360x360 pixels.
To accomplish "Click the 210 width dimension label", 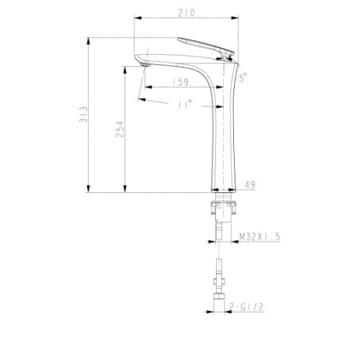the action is (x=186, y=13).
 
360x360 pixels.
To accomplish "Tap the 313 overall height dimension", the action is (x=84, y=114).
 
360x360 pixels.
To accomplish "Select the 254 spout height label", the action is (x=120, y=129).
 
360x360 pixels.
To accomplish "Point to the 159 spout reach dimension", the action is (x=181, y=82).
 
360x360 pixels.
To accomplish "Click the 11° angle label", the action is (x=185, y=104).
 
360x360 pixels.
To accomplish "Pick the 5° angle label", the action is (x=243, y=78).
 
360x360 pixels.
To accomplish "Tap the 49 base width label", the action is (x=250, y=185).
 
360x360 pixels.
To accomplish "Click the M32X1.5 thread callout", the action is (x=260, y=237).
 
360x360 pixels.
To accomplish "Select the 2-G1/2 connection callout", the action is (x=246, y=307).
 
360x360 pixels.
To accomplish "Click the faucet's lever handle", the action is (x=205, y=46).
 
